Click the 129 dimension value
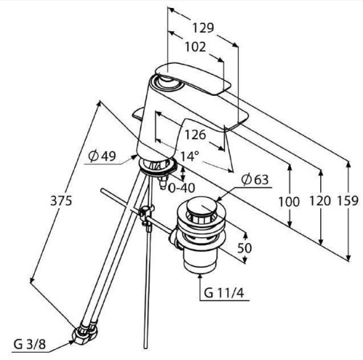tap(203, 28)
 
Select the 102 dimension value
tap(195, 46)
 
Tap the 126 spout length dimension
tap(195, 134)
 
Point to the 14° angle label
tap(190, 156)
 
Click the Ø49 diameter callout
tap(102, 156)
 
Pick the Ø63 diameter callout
tap(255, 180)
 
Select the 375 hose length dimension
tap(61, 201)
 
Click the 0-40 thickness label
tap(181, 188)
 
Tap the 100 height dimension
tap(289, 201)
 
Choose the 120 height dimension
tap(320, 201)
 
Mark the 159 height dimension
tap(348, 201)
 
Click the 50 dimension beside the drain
tap(245, 247)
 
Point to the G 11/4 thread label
tap(224, 293)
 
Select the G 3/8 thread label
tap(30, 344)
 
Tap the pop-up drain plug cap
tap(200, 205)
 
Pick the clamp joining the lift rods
tap(146, 214)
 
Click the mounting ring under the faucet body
tap(158, 165)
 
